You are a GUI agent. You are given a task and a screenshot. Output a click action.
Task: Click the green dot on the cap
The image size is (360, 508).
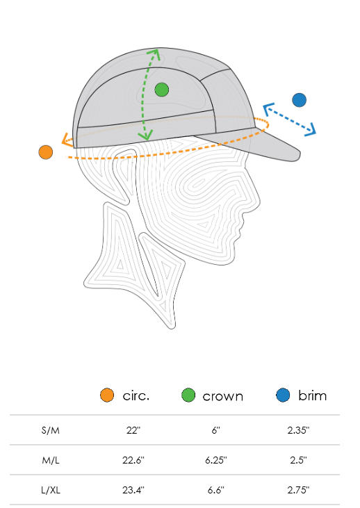162,90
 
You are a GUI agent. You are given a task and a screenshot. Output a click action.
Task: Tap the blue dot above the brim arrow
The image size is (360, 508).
299,100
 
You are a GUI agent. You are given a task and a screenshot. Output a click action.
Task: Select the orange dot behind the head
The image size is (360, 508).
46,152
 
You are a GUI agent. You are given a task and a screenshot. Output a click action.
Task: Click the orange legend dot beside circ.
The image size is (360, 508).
107,395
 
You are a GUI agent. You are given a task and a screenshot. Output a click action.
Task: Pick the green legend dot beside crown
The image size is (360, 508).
188,395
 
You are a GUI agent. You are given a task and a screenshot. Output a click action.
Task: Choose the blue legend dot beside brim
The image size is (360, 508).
283,395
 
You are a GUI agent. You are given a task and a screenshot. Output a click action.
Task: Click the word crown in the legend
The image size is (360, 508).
223,397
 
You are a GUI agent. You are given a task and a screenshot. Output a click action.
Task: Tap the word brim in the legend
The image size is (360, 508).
312,395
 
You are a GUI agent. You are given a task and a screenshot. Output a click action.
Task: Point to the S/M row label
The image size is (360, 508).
51,431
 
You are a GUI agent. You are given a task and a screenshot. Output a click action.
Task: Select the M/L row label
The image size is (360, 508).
51,460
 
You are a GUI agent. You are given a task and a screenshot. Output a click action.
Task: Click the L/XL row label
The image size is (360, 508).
51,490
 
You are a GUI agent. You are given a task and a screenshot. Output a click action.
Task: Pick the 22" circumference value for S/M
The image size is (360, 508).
133,430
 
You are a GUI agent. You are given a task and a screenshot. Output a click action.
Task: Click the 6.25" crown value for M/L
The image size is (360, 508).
216,460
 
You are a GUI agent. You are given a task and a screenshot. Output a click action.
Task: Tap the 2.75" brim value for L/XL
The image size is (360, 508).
298,490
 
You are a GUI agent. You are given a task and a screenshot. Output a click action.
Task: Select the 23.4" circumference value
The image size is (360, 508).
133,490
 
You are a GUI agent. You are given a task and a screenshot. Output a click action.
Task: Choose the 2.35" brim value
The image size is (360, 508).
298,430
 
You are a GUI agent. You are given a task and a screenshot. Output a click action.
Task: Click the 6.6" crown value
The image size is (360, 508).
216,490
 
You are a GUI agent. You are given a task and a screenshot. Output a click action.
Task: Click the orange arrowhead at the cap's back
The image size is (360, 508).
67,140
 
